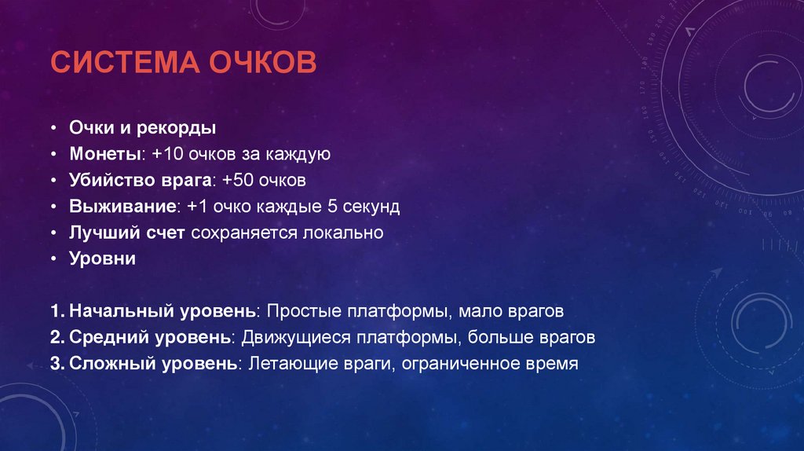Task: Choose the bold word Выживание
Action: [121, 207]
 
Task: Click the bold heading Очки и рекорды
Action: [142, 128]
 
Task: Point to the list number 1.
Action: [55, 311]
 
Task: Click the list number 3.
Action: [55, 364]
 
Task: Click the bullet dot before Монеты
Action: [53, 155]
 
